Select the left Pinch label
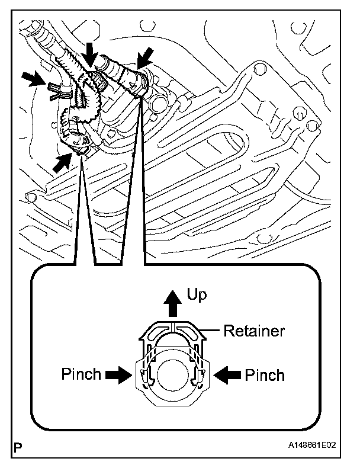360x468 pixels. click(82, 374)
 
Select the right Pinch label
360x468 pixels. click(265, 375)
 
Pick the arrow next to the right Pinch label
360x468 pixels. click(227, 374)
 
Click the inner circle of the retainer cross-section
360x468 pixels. click(173, 374)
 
